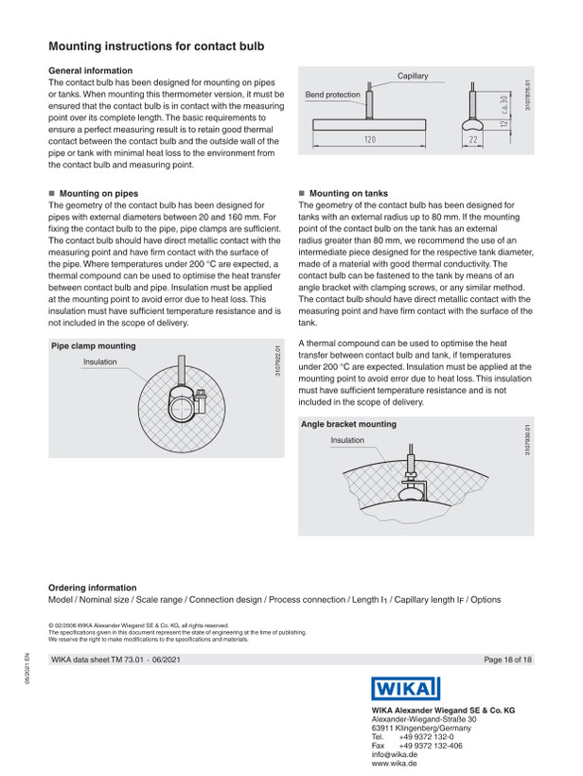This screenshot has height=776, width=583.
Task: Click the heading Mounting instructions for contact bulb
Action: pyautogui.click(x=156, y=46)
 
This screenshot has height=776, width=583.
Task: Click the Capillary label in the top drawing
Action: pyautogui.click(x=413, y=76)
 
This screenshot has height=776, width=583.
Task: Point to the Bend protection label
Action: pyautogui.click(x=332, y=95)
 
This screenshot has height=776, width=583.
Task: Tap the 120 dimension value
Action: pyautogui.click(x=370, y=139)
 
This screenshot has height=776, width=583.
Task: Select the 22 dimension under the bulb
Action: pyautogui.click(x=473, y=139)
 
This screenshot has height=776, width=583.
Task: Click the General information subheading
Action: pyautogui.click(x=91, y=71)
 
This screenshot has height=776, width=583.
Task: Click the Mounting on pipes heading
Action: pyautogui.click(x=99, y=193)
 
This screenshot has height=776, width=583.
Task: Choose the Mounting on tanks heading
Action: pyautogui.click(x=349, y=193)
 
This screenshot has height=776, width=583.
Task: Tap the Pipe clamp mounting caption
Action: pyautogui.click(x=94, y=346)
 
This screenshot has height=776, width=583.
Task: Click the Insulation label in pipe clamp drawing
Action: pyautogui.click(x=100, y=362)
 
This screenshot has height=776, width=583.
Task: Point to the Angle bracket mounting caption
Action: pyautogui.click(x=349, y=424)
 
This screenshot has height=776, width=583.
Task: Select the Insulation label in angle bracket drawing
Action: pyautogui.click(x=347, y=440)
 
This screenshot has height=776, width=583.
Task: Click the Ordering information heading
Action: pyautogui.click(x=93, y=588)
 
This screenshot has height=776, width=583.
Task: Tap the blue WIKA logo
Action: pyautogui.click(x=406, y=688)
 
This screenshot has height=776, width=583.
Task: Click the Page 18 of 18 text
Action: pyautogui.click(x=508, y=660)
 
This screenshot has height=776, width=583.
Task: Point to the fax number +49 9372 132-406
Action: pyautogui.click(x=431, y=746)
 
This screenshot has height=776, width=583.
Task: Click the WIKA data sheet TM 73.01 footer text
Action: pyautogui.click(x=97, y=660)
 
